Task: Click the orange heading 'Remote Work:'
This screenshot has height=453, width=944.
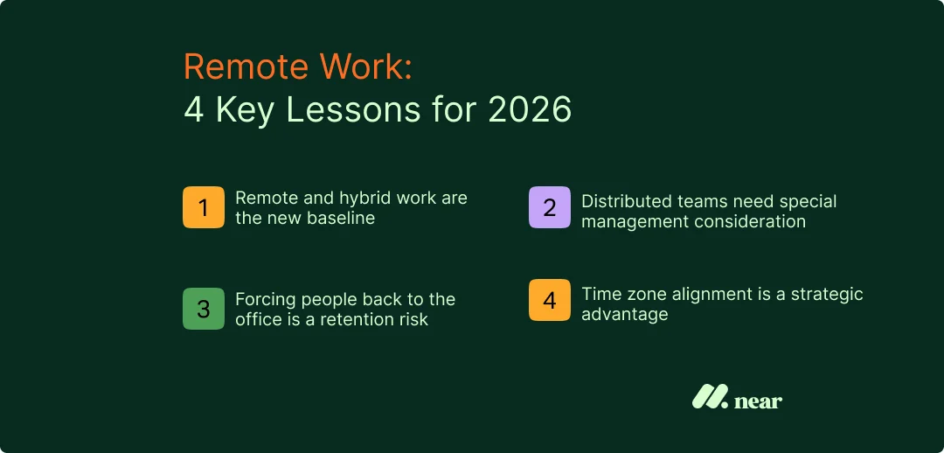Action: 297,68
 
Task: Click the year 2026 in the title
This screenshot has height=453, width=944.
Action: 530,111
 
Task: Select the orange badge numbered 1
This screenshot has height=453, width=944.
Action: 204,208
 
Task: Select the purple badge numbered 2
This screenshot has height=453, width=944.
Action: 549,208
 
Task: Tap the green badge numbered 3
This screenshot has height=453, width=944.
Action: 204,310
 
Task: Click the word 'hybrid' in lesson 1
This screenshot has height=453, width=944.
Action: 367,199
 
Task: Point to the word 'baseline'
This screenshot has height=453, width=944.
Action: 340,219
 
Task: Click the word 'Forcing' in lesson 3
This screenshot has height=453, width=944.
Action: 265,300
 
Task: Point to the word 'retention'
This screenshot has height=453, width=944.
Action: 359,320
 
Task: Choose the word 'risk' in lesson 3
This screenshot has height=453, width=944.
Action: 413,320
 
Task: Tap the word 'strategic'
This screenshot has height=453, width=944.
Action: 826,294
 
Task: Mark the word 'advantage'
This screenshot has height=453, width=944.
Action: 624,315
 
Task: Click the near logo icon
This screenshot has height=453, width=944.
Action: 710,397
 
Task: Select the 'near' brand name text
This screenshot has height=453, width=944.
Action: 758,401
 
